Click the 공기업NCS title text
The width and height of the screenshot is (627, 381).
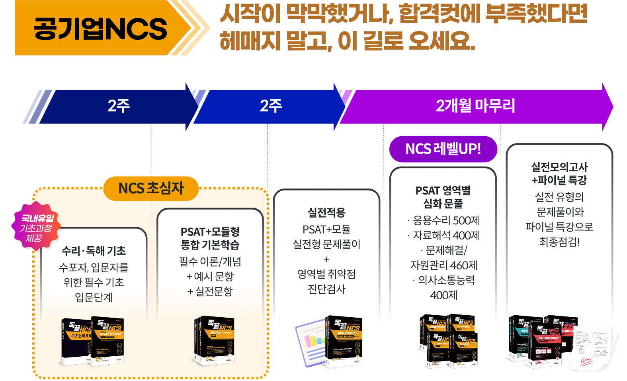[100, 29]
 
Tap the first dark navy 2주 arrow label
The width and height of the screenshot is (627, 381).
[118, 106]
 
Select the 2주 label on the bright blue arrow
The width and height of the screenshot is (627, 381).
[271, 106]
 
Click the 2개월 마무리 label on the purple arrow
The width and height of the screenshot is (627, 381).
[475, 106]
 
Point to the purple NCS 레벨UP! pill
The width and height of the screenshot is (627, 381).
[443, 149]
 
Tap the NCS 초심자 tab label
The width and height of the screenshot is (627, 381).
[151, 188]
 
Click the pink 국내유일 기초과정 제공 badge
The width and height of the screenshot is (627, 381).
[37, 228]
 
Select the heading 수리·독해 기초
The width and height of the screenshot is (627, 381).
[94, 251]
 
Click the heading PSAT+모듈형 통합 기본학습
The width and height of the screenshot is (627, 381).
[210, 238]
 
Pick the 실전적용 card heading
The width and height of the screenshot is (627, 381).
[326, 212]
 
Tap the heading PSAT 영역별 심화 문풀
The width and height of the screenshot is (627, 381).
[443, 197]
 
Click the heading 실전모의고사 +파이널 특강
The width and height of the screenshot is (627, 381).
[559, 173]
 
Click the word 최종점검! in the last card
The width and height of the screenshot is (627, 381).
[559, 242]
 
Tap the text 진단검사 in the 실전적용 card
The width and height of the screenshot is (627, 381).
[326, 289]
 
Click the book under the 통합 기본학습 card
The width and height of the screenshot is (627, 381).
[214, 341]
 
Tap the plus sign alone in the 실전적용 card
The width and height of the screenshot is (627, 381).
[326, 259]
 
